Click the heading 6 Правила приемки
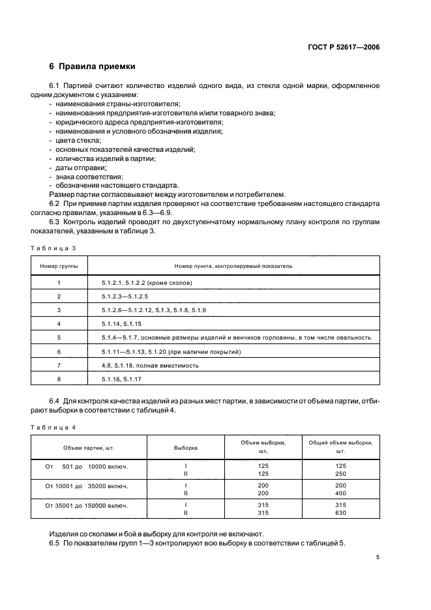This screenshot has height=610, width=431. tap(92, 66)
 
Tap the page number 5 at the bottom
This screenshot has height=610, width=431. tap(378, 558)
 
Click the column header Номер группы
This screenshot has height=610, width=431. tap(59, 266)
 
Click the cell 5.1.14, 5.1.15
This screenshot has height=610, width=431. tap(121, 323)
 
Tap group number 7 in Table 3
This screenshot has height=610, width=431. tap(59, 365)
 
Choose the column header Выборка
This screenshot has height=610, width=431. tap(186, 448)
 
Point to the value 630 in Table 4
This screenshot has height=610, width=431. tap(340, 513)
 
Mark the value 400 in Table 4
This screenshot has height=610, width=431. tap(340, 493)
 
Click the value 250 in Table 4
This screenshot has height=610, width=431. tap(340, 474)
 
